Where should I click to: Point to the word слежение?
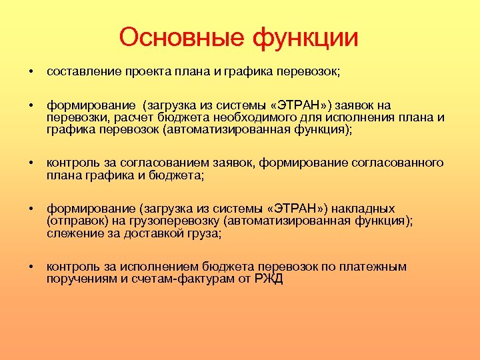pyautogui.click(x=73, y=233)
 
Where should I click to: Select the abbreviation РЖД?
pyautogui.click(x=269, y=279)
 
